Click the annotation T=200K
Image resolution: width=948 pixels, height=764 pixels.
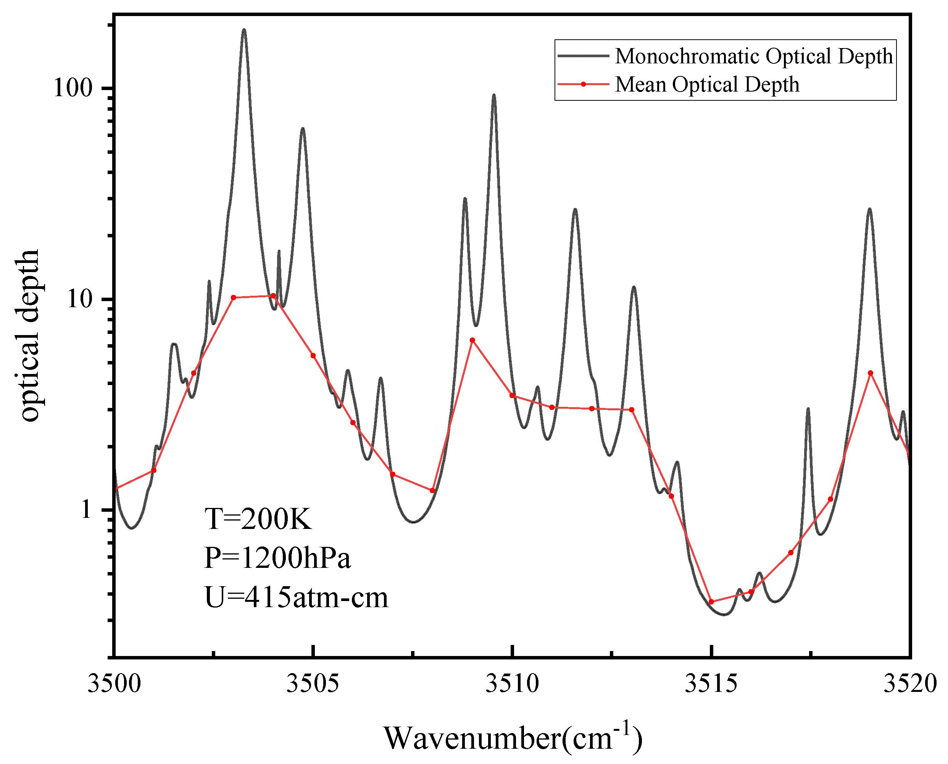[x=258, y=519]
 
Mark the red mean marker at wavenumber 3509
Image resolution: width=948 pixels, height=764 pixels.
[x=472, y=340]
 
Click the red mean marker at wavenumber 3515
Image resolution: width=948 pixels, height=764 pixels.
[x=711, y=601]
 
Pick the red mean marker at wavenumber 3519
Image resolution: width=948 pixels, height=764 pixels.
[x=870, y=373]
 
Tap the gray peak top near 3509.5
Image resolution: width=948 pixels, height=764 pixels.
[x=494, y=95]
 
